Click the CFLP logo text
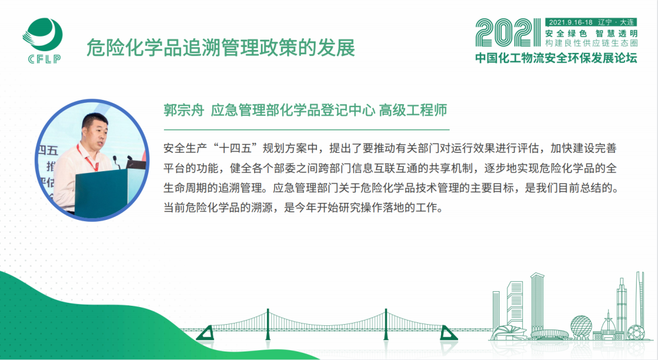pyautogui.click(x=44, y=59)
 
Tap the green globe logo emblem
pyautogui.click(x=43, y=35)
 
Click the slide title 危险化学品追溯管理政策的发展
pyautogui.click(x=221, y=48)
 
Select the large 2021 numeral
pyautogui.click(x=508, y=33)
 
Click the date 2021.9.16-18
pyautogui.click(x=570, y=23)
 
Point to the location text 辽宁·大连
pyautogui.click(x=616, y=23)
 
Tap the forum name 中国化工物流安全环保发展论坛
pyautogui.click(x=556, y=58)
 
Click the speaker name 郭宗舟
pyautogui.click(x=184, y=110)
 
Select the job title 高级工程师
pyautogui.click(x=413, y=110)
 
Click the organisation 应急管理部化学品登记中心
pyautogui.click(x=293, y=110)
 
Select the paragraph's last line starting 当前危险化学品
pyautogui.click(x=303, y=207)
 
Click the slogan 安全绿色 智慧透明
pyautogui.click(x=591, y=34)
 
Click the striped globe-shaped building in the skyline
pyautogui.click(x=581, y=326)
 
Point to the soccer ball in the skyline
pyautogui.click(x=635, y=333)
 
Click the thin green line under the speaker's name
pyautogui.click(x=306, y=130)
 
